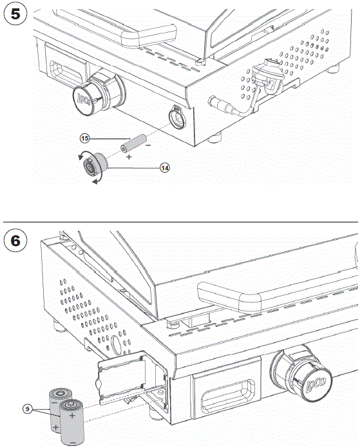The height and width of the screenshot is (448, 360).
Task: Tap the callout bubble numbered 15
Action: (84, 138)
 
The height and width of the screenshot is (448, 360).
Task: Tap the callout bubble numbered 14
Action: (165, 167)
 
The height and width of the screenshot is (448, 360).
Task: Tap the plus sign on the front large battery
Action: (72, 417)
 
